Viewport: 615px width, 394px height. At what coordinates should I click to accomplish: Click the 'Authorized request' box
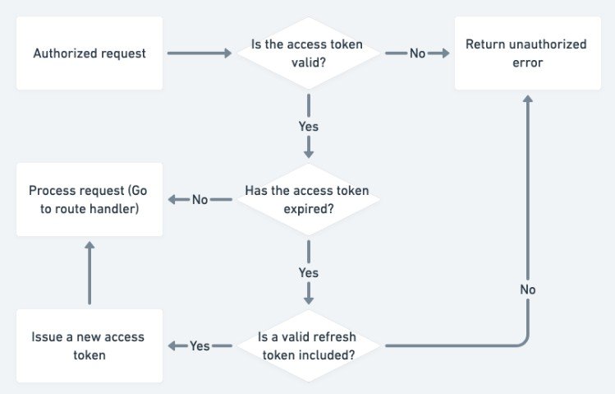(89, 53)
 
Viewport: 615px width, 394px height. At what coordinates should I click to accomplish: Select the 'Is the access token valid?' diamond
(309, 53)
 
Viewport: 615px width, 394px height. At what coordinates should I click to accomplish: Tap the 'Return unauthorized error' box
(526, 53)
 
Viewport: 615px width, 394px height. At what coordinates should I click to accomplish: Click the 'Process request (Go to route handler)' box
(89, 200)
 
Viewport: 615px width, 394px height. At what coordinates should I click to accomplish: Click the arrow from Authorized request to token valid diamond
(200, 53)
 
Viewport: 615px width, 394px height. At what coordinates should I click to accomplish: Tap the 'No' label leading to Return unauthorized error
(417, 53)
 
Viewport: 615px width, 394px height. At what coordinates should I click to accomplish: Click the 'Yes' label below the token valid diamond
(309, 127)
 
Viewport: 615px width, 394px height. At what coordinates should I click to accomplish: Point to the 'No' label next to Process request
(200, 200)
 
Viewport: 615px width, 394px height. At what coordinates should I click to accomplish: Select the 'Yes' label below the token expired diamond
(309, 272)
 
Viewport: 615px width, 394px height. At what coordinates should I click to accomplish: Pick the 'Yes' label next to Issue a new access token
(200, 346)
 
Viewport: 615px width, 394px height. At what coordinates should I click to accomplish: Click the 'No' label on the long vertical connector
(528, 290)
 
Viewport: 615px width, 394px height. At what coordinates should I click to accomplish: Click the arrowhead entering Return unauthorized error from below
(528, 100)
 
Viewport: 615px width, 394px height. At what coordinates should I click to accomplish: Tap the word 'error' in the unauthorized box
(526, 63)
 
